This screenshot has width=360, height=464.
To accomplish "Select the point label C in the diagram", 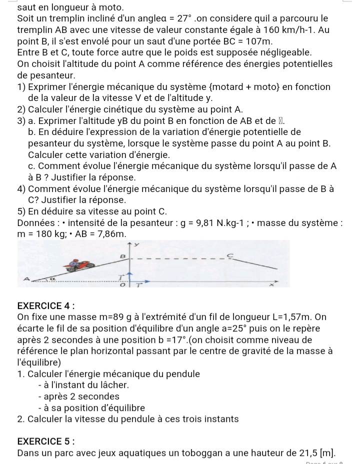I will (x=230, y=255).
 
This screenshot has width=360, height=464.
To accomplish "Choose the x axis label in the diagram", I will (x=285, y=283).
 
